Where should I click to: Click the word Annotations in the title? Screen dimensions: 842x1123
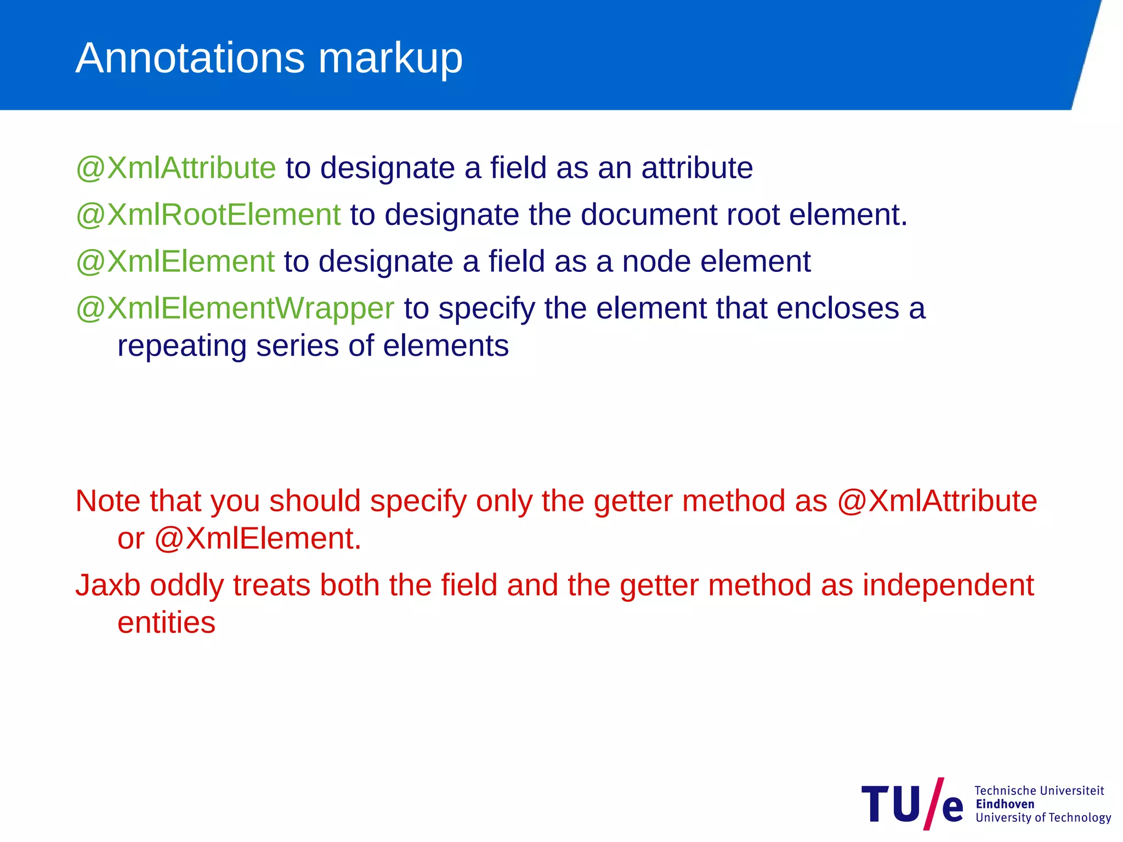(x=190, y=58)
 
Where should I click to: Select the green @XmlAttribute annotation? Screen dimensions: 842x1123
(x=175, y=168)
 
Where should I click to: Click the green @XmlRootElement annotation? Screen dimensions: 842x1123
(x=208, y=214)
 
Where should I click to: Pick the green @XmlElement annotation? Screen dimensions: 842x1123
(x=175, y=261)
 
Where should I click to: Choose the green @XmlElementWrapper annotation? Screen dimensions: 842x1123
(x=235, y=309)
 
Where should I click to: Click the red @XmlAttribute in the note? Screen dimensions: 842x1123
(x=937, y=501)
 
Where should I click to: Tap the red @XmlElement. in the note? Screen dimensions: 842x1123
(x=258, y=538)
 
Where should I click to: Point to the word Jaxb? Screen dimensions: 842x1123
(x=108, y=585)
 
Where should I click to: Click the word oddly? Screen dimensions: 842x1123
(x=187, y=585)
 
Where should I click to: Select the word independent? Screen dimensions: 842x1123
(x=948, y=585)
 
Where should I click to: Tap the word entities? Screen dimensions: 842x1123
(x=166, y=623)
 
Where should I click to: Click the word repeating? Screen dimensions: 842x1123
(x=182, y=346)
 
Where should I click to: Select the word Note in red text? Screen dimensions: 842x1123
(x=108, y=501)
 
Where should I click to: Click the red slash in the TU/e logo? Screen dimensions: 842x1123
(x=934, y=804)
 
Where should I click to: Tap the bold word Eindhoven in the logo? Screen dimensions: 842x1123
(x=1005, y=804)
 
